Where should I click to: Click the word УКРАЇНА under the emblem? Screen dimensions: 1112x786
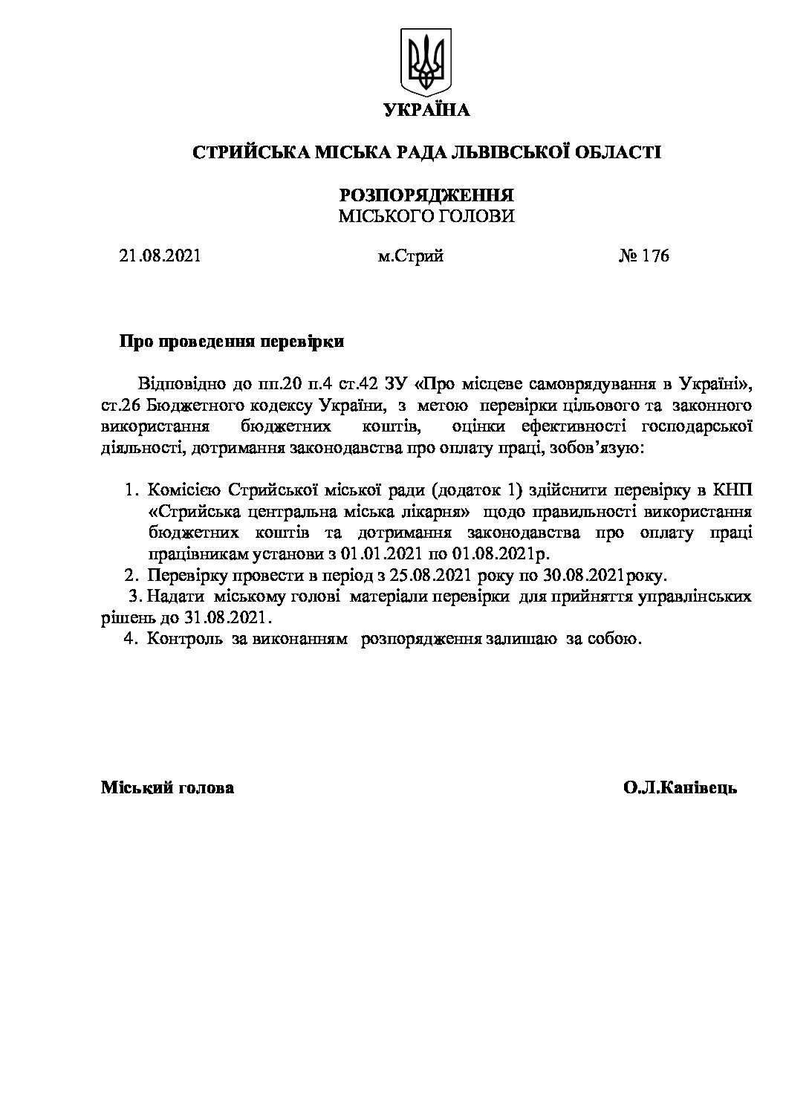pos(426,111)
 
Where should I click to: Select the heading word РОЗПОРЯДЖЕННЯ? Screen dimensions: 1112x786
pos(426,195)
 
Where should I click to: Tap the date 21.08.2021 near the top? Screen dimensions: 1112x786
pos(160,256)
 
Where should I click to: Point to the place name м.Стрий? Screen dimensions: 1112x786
pos(410,256)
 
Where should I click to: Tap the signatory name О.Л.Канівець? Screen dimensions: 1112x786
pos(681,788)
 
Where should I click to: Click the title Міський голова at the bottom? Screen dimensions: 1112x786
pos(167,788)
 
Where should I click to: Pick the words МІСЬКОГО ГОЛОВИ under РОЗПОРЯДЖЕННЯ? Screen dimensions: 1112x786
pos(426,216)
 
